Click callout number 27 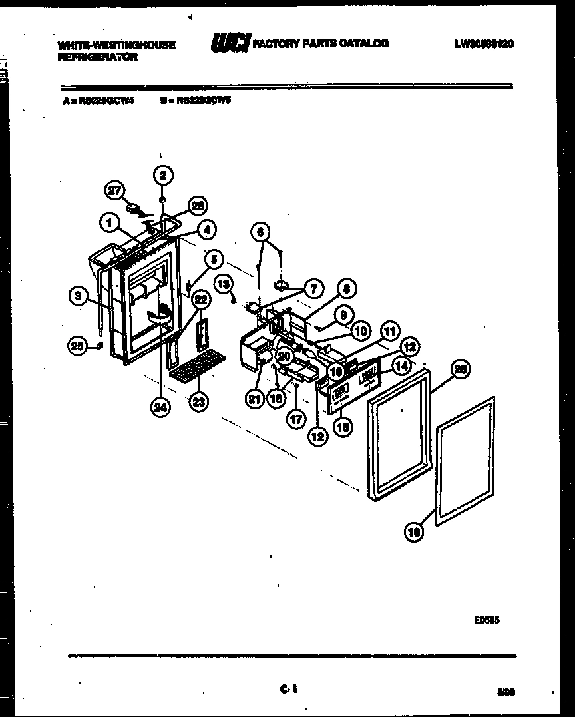point(116,191)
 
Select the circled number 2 point(163,175)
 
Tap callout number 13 point(224,284)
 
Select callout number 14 point(401,365)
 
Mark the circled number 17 point(295,419)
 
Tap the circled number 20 point(285,356)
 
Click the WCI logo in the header point(230,44)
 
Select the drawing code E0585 point(487,619)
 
